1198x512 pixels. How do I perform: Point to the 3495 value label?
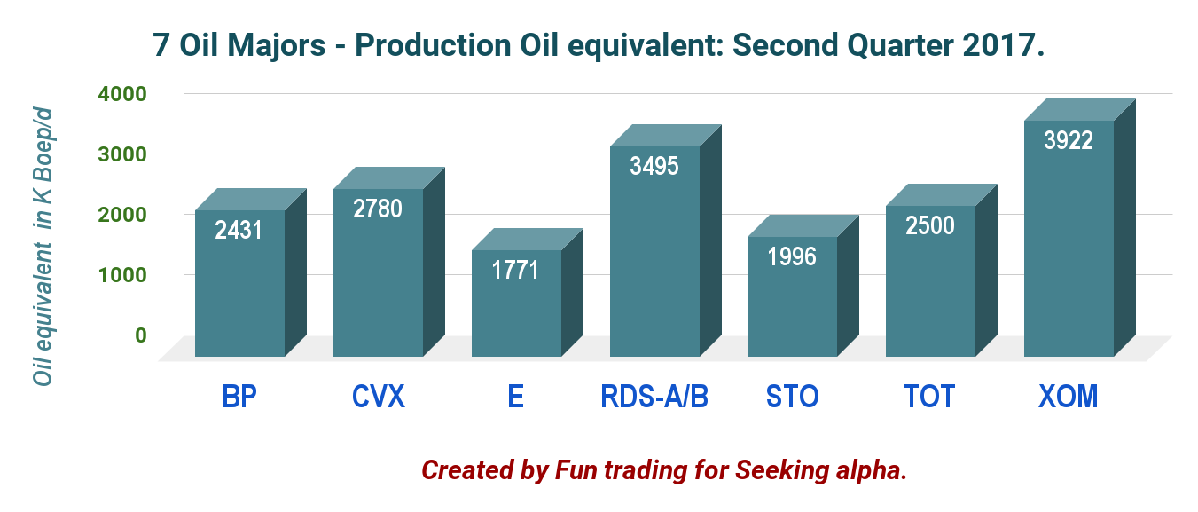click(x=654, y=165)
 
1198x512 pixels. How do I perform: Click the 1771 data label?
click(x=515, y=269)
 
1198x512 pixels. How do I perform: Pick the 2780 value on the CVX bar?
click(x=378, y=209)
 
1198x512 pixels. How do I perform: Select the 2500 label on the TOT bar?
click(x=930, y=225)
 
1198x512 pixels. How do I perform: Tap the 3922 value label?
click(x=1068, y=140)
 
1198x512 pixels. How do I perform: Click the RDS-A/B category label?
click(x=654, y=396)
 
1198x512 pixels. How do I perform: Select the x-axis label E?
click(x=516, y=396)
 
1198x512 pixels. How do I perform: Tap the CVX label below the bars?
click(x=378, y=396)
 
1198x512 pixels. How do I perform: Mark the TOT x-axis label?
click(x=930, y=396)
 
